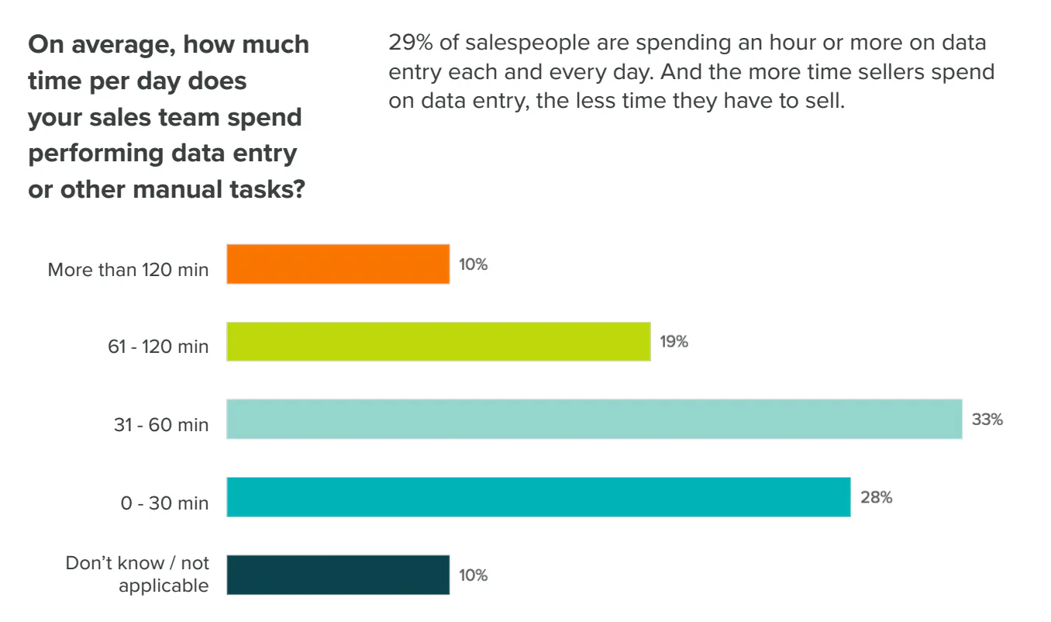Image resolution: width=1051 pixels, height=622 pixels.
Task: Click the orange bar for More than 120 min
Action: coord(338,264)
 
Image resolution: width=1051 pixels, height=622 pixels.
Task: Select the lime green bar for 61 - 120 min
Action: coord(438,342)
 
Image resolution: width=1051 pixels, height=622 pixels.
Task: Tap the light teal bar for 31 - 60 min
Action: coord(594,420)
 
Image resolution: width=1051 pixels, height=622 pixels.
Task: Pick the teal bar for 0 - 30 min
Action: coord(538,497)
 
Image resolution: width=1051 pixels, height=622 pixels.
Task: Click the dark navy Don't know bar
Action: coord(338,575)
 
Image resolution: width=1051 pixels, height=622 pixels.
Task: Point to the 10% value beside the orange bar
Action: coord(473,264)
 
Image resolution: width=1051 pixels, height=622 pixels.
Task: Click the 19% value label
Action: coord(674,342)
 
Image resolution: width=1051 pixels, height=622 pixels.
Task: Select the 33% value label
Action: coord(987,420)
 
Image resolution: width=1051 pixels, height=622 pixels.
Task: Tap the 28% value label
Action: coord(876,497)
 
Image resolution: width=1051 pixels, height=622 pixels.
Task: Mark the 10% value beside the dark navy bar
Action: coord(473,575)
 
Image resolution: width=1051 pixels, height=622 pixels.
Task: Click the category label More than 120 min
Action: coord(128,270)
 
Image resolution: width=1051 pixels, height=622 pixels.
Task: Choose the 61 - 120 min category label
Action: coord(158,347)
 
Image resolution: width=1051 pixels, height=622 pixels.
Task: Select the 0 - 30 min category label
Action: coord(164,503)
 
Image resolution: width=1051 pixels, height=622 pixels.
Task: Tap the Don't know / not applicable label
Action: coord(137,574)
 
